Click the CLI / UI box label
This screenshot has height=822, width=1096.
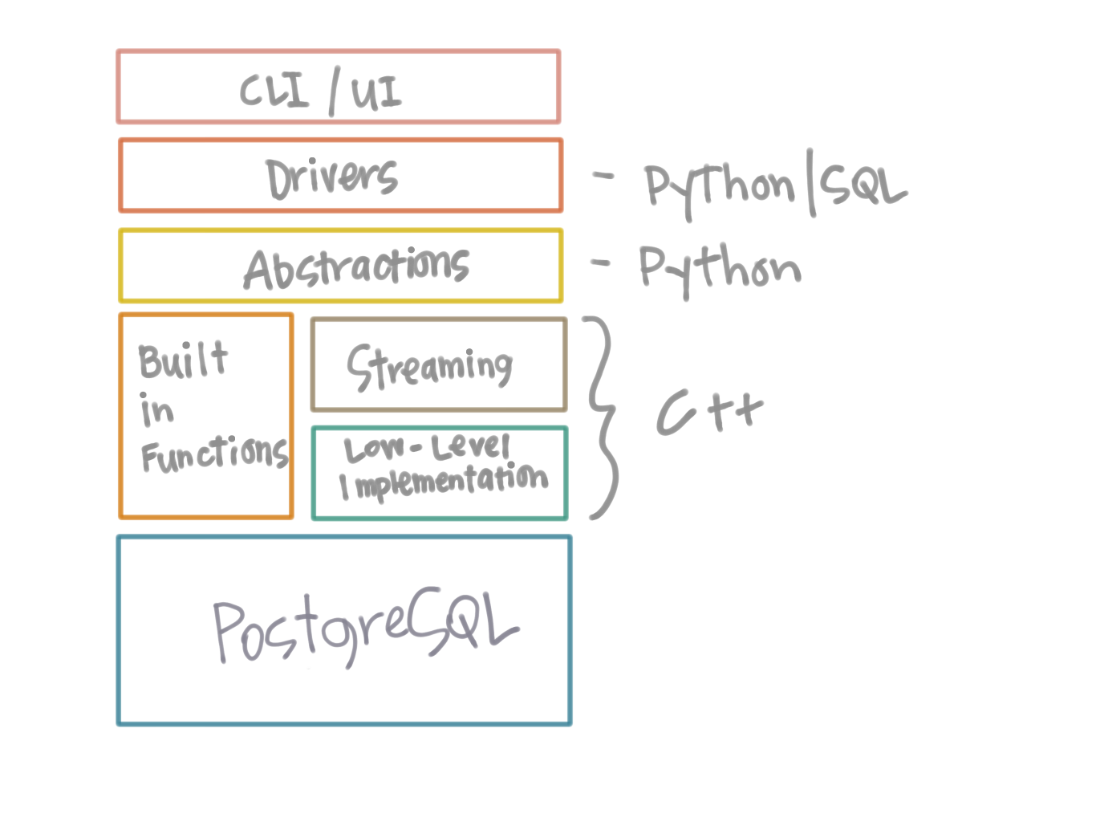tap(321, 91)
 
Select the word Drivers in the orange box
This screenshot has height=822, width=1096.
tap(332, 178)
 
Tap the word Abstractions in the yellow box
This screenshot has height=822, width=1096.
tap(357, 269)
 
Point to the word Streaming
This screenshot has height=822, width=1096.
tap(429, 368)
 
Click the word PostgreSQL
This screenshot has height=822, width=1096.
tap(365, 630)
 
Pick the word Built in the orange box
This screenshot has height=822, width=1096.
tap(184, 360)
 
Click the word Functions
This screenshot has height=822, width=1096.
tap(214, 454)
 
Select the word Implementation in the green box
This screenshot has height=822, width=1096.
tap(444, 482)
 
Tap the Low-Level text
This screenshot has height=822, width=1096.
tap(427, 448)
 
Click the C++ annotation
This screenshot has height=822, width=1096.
tap(709, 412)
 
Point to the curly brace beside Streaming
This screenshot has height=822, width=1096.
tap(602, 417)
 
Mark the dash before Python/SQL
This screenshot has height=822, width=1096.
tap(603, 175)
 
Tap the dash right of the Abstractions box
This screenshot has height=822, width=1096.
tap(600, 262)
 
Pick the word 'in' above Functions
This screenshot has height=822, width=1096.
tap(156, 410)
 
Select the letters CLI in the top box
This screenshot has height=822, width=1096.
tap(274, 91)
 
